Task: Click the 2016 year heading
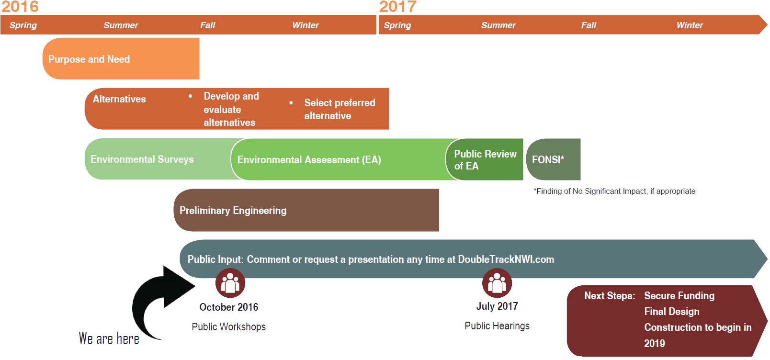point(20,7)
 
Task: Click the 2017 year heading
point(398,7)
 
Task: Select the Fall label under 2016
point(207,25)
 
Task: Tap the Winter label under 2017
point(690,25)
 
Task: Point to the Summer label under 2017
point(498,25)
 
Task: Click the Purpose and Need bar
point(121,59)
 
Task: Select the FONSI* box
point(553,159)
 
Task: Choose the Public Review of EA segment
point(485,160)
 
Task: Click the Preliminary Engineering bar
point(306,211)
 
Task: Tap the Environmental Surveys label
point(142,159)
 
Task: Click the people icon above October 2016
point(230,283)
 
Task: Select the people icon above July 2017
point(497,283)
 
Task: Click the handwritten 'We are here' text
point(109,338)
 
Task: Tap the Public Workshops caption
point(229,327)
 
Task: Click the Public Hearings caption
point(497,326)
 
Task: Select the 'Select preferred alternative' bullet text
point(340,109)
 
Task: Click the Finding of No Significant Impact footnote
point(614,191)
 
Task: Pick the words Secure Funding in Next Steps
point(679,296)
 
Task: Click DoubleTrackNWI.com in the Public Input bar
point(506,259)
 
